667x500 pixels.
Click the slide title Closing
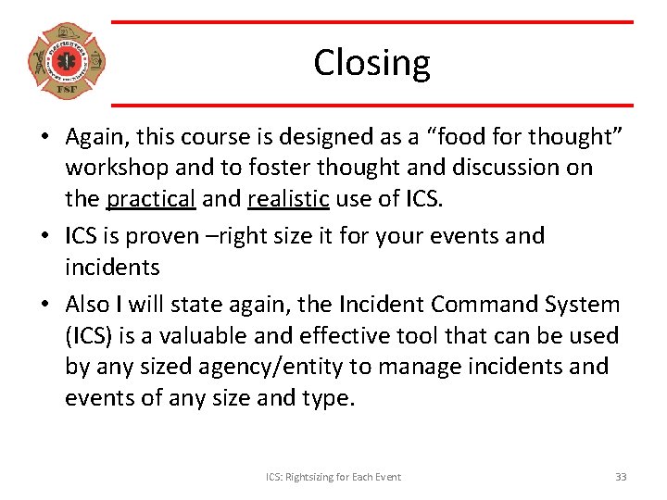(x=371, y=63)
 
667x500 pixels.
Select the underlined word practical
(x=150, y=199)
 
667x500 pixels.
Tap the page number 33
(x=621, y=477)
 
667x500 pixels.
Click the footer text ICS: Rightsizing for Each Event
(x=333, y=477)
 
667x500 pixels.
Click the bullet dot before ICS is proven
(x=44, y=236)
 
